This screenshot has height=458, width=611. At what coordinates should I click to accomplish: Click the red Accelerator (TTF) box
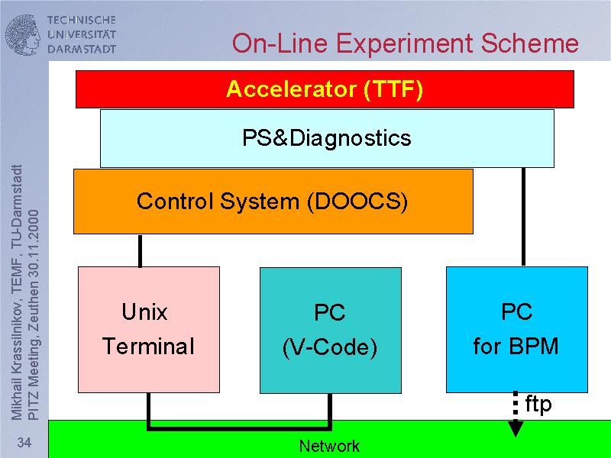324,89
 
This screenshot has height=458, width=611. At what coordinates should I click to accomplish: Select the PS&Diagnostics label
327,138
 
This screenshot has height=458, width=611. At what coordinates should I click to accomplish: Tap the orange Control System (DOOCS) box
273,202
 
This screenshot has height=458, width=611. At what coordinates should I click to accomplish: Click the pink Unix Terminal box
149,328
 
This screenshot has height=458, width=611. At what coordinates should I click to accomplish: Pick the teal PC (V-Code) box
330,330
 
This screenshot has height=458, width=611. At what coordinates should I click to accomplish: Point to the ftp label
538,405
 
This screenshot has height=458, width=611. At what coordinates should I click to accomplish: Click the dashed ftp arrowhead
516,429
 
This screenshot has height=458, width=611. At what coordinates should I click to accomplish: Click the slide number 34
24,443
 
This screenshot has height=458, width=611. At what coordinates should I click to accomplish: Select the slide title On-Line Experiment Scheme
405,43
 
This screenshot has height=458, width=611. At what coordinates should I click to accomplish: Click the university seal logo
24,34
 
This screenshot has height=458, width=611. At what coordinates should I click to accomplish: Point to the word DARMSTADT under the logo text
82,48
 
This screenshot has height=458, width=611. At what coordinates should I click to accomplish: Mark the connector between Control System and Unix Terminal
141,250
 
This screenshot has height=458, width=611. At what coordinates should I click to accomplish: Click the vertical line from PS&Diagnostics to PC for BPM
523,217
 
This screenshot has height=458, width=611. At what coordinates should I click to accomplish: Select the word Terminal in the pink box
149,347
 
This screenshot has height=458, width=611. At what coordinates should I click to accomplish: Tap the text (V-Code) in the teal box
330,348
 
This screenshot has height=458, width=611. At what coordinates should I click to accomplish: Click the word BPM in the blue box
534,347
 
